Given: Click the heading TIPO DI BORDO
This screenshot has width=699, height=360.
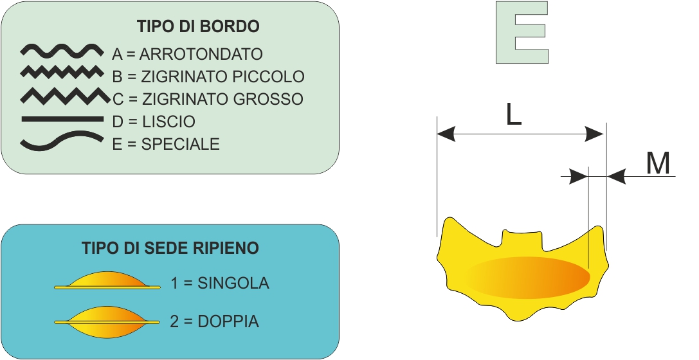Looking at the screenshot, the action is [198, 26].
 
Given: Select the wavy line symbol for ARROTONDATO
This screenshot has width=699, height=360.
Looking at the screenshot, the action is [62, 51].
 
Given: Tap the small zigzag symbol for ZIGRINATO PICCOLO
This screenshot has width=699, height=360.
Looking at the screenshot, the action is [62, 72].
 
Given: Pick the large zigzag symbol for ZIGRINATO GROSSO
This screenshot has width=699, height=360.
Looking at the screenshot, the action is [65, 96].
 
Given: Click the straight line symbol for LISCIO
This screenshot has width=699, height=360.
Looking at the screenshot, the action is [62, 119].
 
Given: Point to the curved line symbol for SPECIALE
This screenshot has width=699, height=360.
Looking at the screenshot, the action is [62, 141].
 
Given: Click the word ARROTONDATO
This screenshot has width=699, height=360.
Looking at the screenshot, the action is [201, 54].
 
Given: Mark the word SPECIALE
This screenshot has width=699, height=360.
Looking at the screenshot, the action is [181, 144].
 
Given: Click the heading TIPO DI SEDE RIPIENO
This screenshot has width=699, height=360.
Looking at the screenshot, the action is [170, 248].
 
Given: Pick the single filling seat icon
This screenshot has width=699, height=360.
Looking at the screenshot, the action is [107, 281].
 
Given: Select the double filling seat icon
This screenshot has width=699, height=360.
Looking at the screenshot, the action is [107, 322].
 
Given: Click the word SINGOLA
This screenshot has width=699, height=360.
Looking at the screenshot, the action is [233, 283].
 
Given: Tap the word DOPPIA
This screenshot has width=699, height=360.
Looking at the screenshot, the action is [228, 321].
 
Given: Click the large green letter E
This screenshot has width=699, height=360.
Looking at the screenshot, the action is [522, 33].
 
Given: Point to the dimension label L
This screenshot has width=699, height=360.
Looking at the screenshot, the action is [514, 116].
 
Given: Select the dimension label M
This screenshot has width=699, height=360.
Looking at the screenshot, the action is [658, 163].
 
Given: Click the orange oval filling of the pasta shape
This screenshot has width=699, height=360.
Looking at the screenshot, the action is [528, 278].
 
